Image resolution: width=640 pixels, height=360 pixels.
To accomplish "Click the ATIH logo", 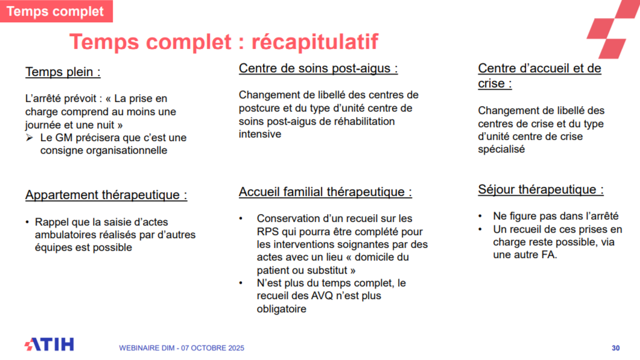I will (x=49, y=345).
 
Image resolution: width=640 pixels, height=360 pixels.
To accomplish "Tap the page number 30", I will (x=615, y=348).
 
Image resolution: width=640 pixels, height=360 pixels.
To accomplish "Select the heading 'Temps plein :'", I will (x=63, y=72).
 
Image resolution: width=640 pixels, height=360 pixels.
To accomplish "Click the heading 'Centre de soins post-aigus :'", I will (x=318, y=68).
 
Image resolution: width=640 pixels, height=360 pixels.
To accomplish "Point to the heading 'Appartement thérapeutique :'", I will (x=106, y=195).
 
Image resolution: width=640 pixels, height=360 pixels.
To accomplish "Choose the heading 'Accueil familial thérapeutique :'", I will (x=325, y=192).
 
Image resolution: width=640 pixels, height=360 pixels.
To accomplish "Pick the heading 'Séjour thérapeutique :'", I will (x=540, y=189).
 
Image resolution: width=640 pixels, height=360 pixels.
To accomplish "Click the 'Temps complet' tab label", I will (x=55, y=11).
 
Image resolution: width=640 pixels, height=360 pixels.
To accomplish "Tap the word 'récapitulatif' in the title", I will (x=314, y=42).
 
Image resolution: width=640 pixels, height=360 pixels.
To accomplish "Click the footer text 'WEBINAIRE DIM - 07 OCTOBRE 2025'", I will (x=182, y=348).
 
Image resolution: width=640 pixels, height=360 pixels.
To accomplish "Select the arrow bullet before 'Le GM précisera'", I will (x=30, y=137).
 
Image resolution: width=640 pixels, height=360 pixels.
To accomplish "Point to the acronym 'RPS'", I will (x=268, y=232).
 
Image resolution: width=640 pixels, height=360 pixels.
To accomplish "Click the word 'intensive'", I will (x=260, y=134).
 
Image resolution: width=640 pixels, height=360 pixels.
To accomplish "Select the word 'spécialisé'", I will (x=501, y=150).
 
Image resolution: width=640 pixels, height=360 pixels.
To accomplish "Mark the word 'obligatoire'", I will (x=282, y=309).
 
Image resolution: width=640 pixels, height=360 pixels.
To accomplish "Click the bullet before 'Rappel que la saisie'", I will (x=28, y=222).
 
